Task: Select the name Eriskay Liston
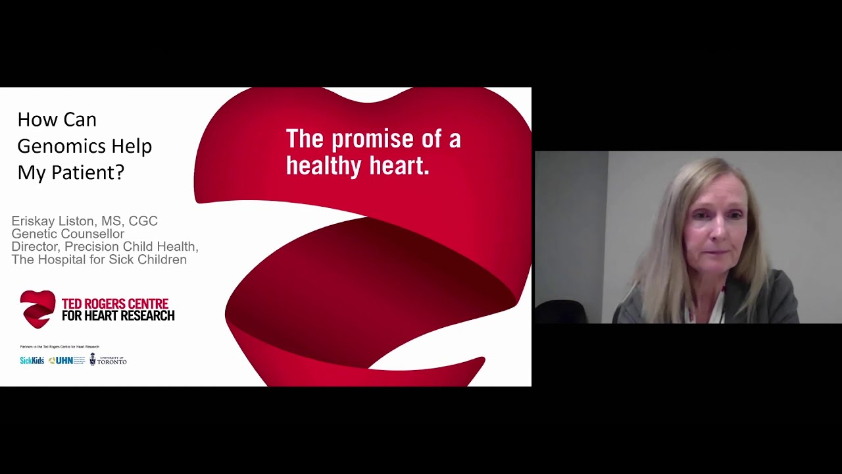(x=55, y=221)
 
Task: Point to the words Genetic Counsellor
(x=68, y=234)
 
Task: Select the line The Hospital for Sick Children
(x=99, y=259)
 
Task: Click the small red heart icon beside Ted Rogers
(x=37, y=309)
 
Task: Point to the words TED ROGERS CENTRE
(x=115, y=303)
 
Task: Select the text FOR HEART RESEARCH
(x=118, y=316)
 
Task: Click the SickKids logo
(x=32, y=361)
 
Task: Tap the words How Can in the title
(x=57, y=120)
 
